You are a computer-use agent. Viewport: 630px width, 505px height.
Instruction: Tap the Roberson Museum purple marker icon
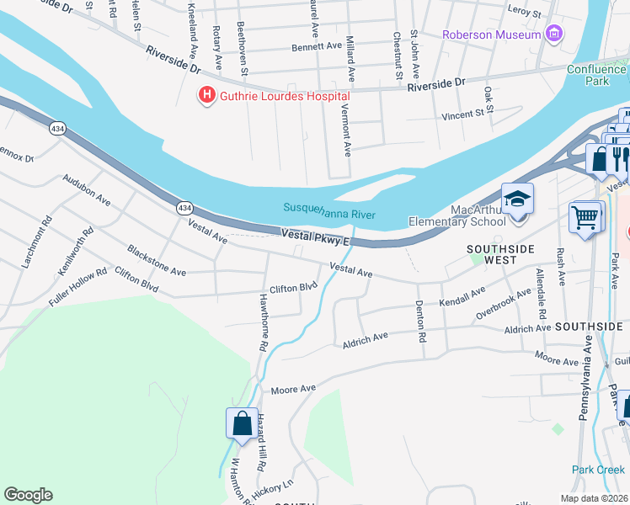553,35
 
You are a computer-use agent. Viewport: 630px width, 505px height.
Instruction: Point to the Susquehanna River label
329,207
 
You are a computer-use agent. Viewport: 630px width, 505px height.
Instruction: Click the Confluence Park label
597,75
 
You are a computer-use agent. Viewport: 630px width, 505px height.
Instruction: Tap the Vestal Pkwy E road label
314,238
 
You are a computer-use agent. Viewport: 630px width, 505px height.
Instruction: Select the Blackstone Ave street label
156,261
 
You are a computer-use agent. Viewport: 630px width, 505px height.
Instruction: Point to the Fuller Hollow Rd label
78,284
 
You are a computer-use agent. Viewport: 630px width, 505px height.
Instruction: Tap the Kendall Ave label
462,295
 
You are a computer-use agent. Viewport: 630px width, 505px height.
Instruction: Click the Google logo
28,495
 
